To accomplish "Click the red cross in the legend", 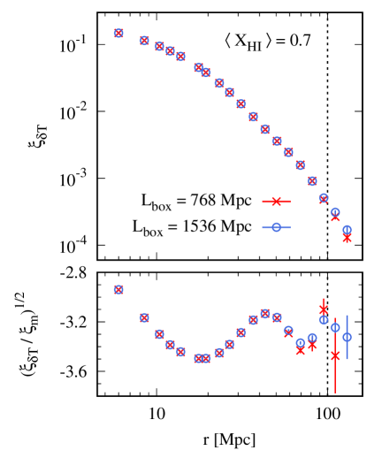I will point(276,201).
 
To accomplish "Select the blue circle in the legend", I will point(276,227).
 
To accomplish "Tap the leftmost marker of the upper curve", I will point(118,33).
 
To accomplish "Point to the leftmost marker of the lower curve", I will point(118,289).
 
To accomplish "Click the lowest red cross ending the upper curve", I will point(347,239).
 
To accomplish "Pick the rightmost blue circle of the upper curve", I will point(347,229).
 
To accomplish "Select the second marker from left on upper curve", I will point(144,40).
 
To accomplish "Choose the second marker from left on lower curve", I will point(144,317).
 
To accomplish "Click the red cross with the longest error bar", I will point(335,355).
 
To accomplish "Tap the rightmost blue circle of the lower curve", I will point(347,337).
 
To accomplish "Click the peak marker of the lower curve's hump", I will point(264,313).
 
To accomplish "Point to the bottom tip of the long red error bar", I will point(335,393).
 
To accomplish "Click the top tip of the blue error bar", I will point(347,315).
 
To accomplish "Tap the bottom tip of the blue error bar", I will point(347,359).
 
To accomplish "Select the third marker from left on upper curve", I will point(159,46).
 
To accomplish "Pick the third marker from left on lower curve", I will point(159,334).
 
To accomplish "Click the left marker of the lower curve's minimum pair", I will point(198,358).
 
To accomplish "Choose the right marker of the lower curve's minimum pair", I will point(206,358).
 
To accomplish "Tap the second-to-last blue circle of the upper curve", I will point(335,212).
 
